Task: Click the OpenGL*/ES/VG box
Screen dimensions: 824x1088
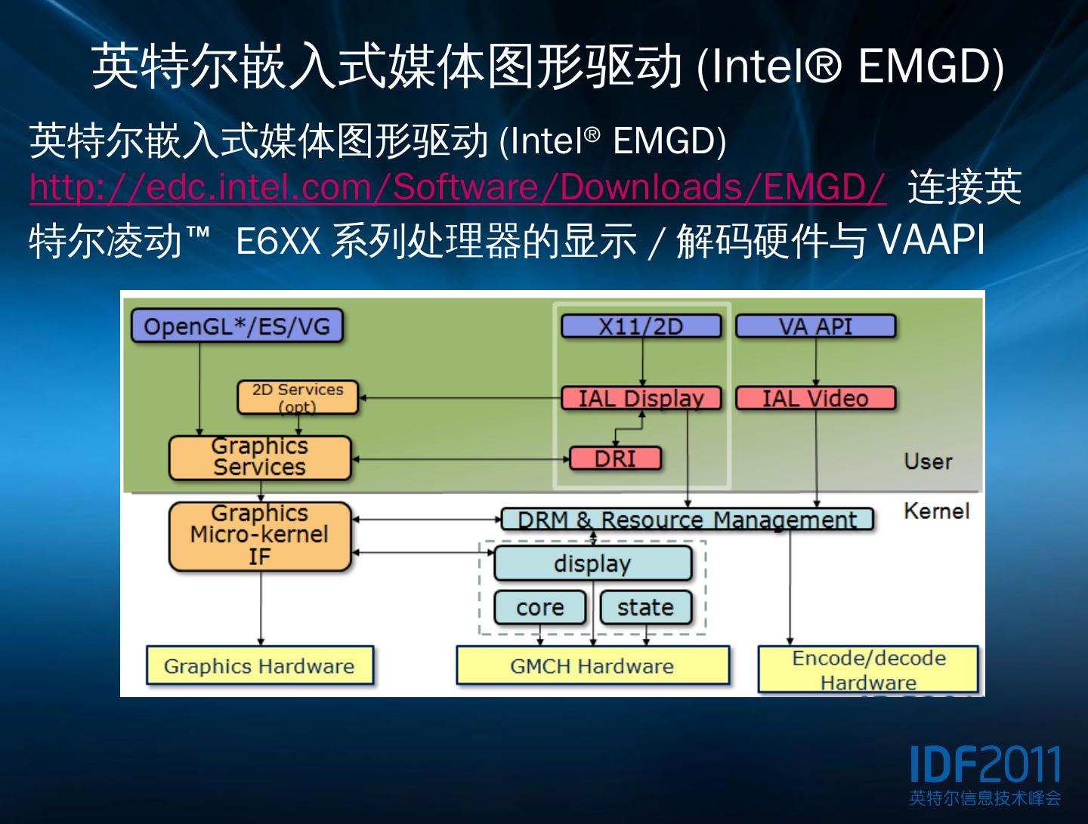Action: [236, 326]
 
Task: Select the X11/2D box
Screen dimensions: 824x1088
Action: [641, 326]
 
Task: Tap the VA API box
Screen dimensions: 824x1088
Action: [815, 326]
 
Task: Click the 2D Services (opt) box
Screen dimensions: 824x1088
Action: [298, 397]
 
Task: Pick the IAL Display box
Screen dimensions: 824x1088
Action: [641, 398]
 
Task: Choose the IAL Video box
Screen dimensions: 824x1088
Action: [815, 398]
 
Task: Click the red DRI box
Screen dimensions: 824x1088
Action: [615, 458]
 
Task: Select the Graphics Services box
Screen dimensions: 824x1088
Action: [260, 458]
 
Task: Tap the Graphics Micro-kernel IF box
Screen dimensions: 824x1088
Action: [260, 535]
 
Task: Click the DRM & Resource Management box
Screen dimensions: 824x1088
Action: [687, 520]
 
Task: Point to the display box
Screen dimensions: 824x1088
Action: [592, 563]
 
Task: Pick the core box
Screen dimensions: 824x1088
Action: [539, 607]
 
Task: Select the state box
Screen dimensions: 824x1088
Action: [645, 607]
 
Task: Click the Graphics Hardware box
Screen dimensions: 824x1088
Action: [259, 665]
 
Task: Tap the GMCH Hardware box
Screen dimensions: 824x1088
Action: [592, 665]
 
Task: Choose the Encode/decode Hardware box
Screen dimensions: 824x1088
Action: [868, 669]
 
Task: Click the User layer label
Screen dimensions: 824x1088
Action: [928, 461]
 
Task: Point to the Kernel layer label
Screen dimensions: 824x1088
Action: [936, 511]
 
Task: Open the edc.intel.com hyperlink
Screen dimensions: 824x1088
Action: [457, 187]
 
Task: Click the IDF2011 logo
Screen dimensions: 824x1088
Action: [984, 774]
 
